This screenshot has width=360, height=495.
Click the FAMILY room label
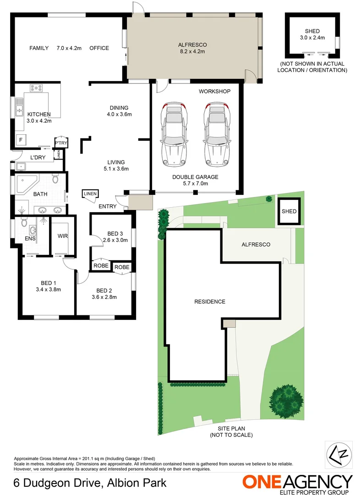coord(39,48)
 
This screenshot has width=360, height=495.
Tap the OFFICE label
coord(99,48)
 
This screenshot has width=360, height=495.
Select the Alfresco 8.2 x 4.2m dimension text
coord(192,52)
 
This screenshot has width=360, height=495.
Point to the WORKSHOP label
coord(214,92)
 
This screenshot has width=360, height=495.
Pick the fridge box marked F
coord(20,140)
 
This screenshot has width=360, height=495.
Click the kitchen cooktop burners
coord(37,88)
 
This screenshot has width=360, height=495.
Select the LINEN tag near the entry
coord(90,194)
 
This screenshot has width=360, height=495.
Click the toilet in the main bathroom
coord(55,178)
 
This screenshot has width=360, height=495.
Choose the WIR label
coord(63,236)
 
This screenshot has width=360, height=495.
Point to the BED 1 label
coord(48,282)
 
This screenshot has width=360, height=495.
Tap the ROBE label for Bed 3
coord(101,266)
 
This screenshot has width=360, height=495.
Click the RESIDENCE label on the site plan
coord(210,302)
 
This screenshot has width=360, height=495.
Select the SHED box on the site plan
coord(289,211)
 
